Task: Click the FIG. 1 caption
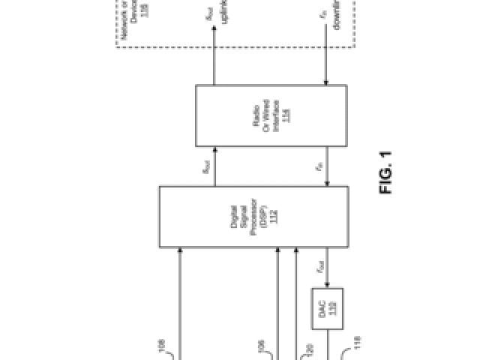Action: click(x=386, y=173)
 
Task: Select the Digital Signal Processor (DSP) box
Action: click(x=253, y=217)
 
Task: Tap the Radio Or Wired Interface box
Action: click(x=271, y=115)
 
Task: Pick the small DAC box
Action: click(x=327, y=307)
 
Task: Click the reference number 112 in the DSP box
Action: click(x=274, y=217)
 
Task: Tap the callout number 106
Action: click(x=262, y=346)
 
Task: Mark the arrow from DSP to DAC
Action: click(x=327, y=268)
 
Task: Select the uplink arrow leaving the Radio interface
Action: click(x=215, y=56)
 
